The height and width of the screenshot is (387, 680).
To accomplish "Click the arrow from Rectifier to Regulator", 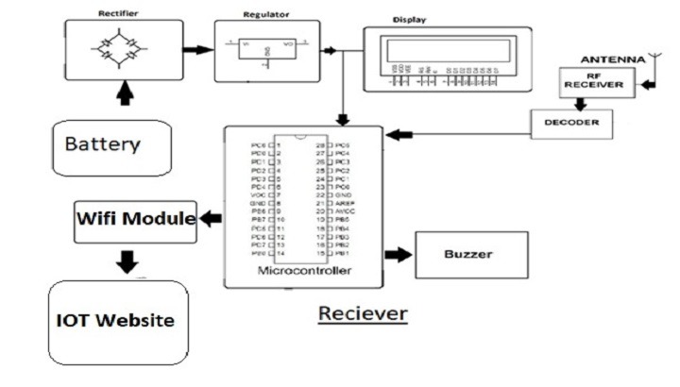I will point(196,48).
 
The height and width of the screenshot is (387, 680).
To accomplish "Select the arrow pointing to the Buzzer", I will point(399,254).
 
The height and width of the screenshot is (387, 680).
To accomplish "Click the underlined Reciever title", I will point(362,312).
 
